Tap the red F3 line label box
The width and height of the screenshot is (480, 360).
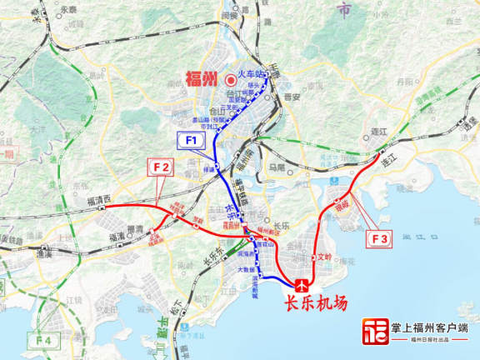pos(379,239)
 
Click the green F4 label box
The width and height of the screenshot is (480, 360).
pos(43,341)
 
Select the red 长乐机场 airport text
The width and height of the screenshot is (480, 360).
pos(316,305)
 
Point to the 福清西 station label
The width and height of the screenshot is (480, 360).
pos(99,200)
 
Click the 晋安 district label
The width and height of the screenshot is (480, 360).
pos(291,97)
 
